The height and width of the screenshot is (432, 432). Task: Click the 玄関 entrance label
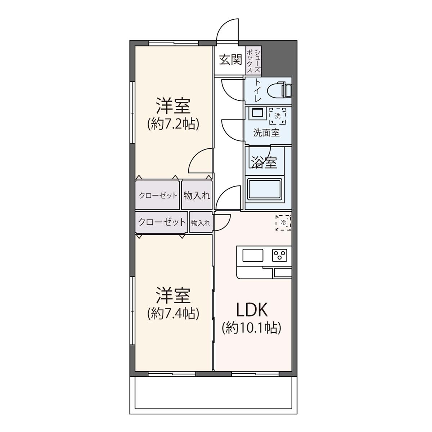(230, 60)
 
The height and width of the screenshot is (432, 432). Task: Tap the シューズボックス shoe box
(253, 60)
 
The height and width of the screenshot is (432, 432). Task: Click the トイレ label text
(257, 90)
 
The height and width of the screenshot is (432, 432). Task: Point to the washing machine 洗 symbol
(278, 116)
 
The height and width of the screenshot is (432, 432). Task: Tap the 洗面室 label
(266, 133)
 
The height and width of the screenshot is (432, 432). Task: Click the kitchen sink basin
(253, 256)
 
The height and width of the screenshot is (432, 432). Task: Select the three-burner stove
(279, 255)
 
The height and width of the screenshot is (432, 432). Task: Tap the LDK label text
(252, 310)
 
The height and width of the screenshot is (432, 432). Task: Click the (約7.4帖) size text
(173, 314)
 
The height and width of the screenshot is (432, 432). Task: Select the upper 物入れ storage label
(197, 196)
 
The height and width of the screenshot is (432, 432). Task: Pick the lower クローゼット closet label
(162, 222)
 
